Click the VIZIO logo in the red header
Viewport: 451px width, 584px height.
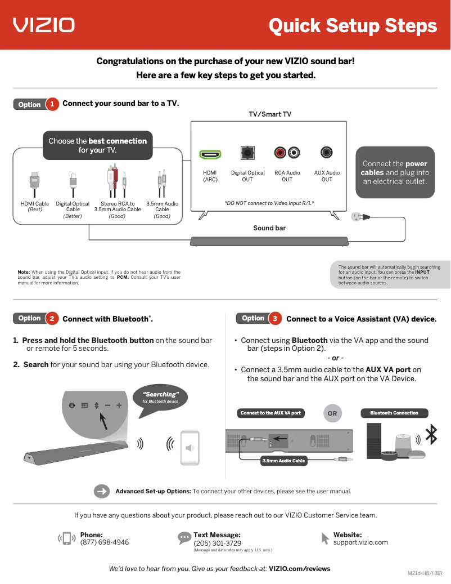coord(44,25)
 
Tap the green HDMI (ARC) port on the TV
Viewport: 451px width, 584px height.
coord(210,154)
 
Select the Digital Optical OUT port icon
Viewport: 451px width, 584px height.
coord(247,153)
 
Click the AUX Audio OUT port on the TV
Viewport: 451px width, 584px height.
coord(327,153)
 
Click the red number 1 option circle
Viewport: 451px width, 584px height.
coord(52,104)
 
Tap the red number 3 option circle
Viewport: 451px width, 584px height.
coord(276,319)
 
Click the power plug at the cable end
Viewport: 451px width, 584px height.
coord(359,217)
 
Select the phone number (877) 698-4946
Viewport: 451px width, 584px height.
coord(105,542)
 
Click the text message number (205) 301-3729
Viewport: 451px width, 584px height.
coord(217,543)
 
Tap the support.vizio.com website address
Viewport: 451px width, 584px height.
coord(360,542)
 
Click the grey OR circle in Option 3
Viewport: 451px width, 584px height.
coord(332,413)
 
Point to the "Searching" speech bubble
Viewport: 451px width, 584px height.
coord(161,399)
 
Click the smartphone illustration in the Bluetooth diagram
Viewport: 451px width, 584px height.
coord(190,448)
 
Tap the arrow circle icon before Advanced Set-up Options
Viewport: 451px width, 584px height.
coord(102,491)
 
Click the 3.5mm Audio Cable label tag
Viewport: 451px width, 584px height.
coord(283,461)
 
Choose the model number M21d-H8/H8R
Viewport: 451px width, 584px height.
coord(425,573)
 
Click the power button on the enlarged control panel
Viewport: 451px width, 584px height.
coord(71,405)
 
